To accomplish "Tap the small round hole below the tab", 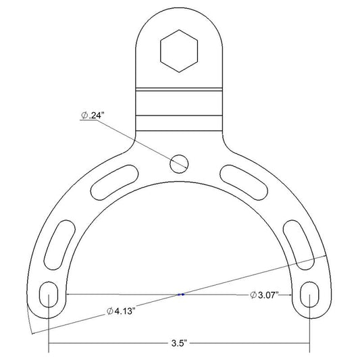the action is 179,164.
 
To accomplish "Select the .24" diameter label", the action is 91,115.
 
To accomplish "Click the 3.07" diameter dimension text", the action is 264,295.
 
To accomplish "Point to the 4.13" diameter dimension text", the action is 120,311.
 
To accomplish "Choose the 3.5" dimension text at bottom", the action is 179,344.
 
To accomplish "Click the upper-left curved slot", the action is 115,182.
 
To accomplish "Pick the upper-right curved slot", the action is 244,182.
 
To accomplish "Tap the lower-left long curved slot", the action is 59,245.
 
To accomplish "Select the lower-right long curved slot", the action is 299,245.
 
